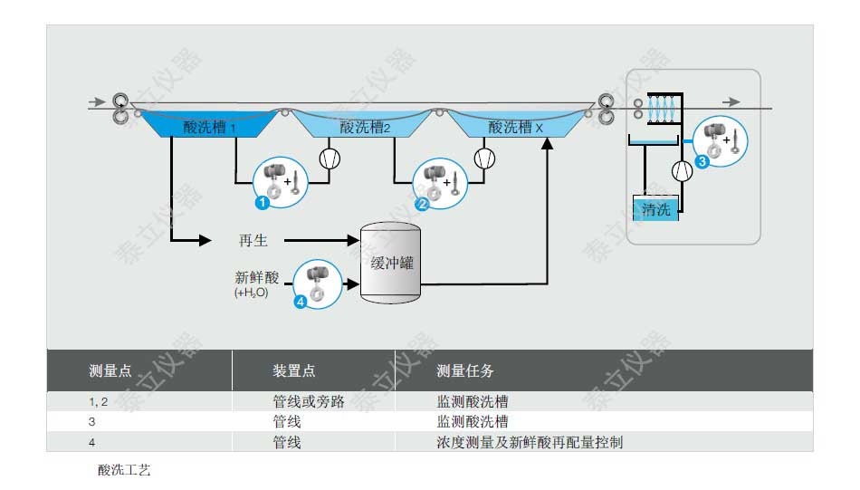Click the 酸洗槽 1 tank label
pyautogui.click(x=209, y=128)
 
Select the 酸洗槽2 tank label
pyautogui.click(x=365, y=128)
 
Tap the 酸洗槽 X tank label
pyautogui.click(x=515, y=128)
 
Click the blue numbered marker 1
pyautogui.click(x=262, y=203)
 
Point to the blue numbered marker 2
pyautogui.click(x=422, y=205)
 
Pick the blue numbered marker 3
pyautogui.click(x=702, y=161)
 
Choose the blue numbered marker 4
pyautogui.click(x=301, y=302)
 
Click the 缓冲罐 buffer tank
pyautogui.click(x=392, y=263)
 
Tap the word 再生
pyautogui.click(x=253, y=241)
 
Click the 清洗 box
pyautogui.click(x=655, y=210)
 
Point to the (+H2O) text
pyautogui.click(x=251, y=293)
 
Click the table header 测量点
pyautogui.click(x=110, y=371)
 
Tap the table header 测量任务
pyautogui.click(x=465, y=371)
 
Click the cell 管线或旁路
pyautogui.click(x=309, y=401)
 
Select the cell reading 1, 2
pyautogui.click(x=98, y=401)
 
